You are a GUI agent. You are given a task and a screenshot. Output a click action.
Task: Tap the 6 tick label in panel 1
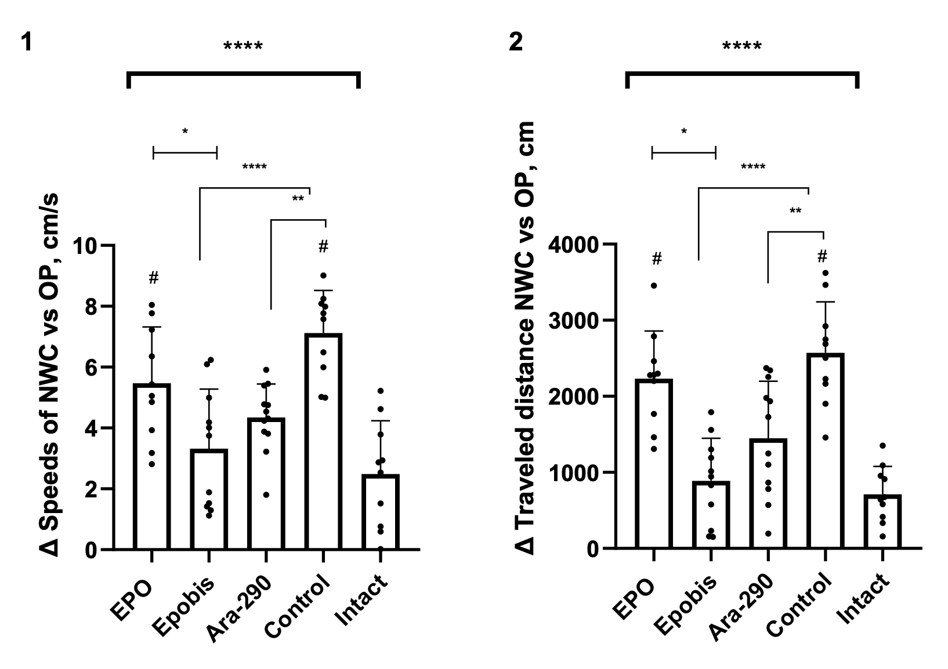tap(91, 368)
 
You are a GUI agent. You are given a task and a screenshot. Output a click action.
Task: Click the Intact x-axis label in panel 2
tap(864, 600)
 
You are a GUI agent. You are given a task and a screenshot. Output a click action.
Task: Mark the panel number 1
tap(26, 42)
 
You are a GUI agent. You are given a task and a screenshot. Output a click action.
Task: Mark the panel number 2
tap(515, 42)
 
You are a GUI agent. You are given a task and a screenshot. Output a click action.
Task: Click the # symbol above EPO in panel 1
tap(153, 279)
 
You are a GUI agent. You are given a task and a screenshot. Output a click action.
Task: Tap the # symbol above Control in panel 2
tap(822, 256)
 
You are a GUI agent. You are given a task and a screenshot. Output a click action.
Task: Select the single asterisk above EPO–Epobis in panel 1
tap(185, 132)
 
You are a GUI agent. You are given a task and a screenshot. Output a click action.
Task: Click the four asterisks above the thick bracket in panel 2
tap(741, 46)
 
